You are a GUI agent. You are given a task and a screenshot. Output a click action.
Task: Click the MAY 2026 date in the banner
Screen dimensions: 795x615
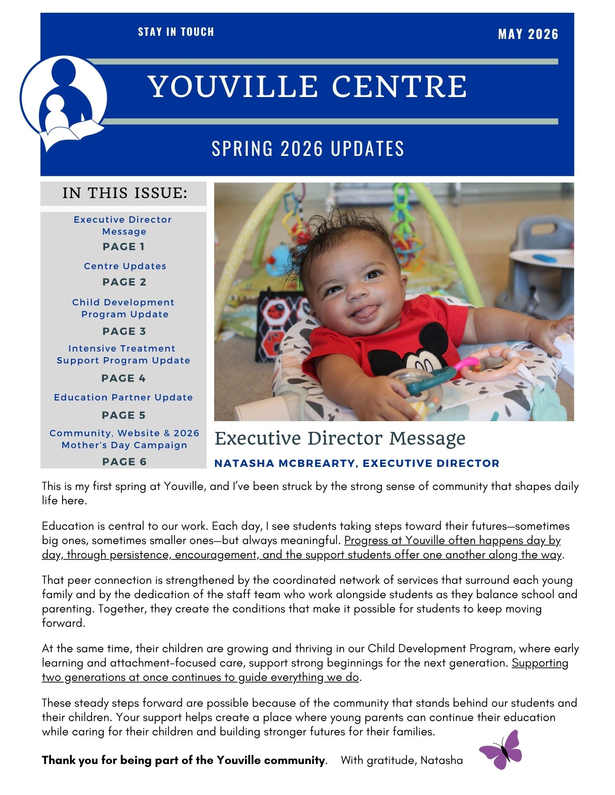pos(528,34)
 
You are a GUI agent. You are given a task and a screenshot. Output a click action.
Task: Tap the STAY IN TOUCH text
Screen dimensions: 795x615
pos(176,32)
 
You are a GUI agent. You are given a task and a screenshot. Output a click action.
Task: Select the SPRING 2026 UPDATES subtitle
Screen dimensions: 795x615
pos(308,148)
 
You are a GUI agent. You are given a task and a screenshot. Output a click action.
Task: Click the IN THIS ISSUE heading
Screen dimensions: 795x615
pos(125,193)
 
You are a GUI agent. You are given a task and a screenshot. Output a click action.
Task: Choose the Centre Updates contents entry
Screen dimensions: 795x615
pos(125,266)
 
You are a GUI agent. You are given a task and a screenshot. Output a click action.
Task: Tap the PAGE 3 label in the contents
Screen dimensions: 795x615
pos(124,331)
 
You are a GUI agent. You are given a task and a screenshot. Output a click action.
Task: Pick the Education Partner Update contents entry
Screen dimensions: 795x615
pos(123,397)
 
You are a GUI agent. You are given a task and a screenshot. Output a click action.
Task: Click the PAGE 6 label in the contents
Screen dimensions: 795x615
pos(124,461)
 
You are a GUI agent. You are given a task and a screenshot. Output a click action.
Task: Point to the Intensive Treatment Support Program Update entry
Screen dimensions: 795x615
pos(123,354)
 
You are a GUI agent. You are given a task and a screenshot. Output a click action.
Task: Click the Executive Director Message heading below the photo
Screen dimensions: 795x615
pos(340,438)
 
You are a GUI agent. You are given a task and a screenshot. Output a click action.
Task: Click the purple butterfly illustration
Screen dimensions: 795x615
pos(501,749)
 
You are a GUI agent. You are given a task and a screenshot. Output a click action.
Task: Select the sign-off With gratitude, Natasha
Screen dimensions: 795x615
pos(402,760)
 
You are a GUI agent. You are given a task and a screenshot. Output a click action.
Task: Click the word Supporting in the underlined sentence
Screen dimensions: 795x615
pos(540,663)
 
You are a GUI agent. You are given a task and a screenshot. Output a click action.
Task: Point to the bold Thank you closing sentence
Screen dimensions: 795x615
pos(183,760)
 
